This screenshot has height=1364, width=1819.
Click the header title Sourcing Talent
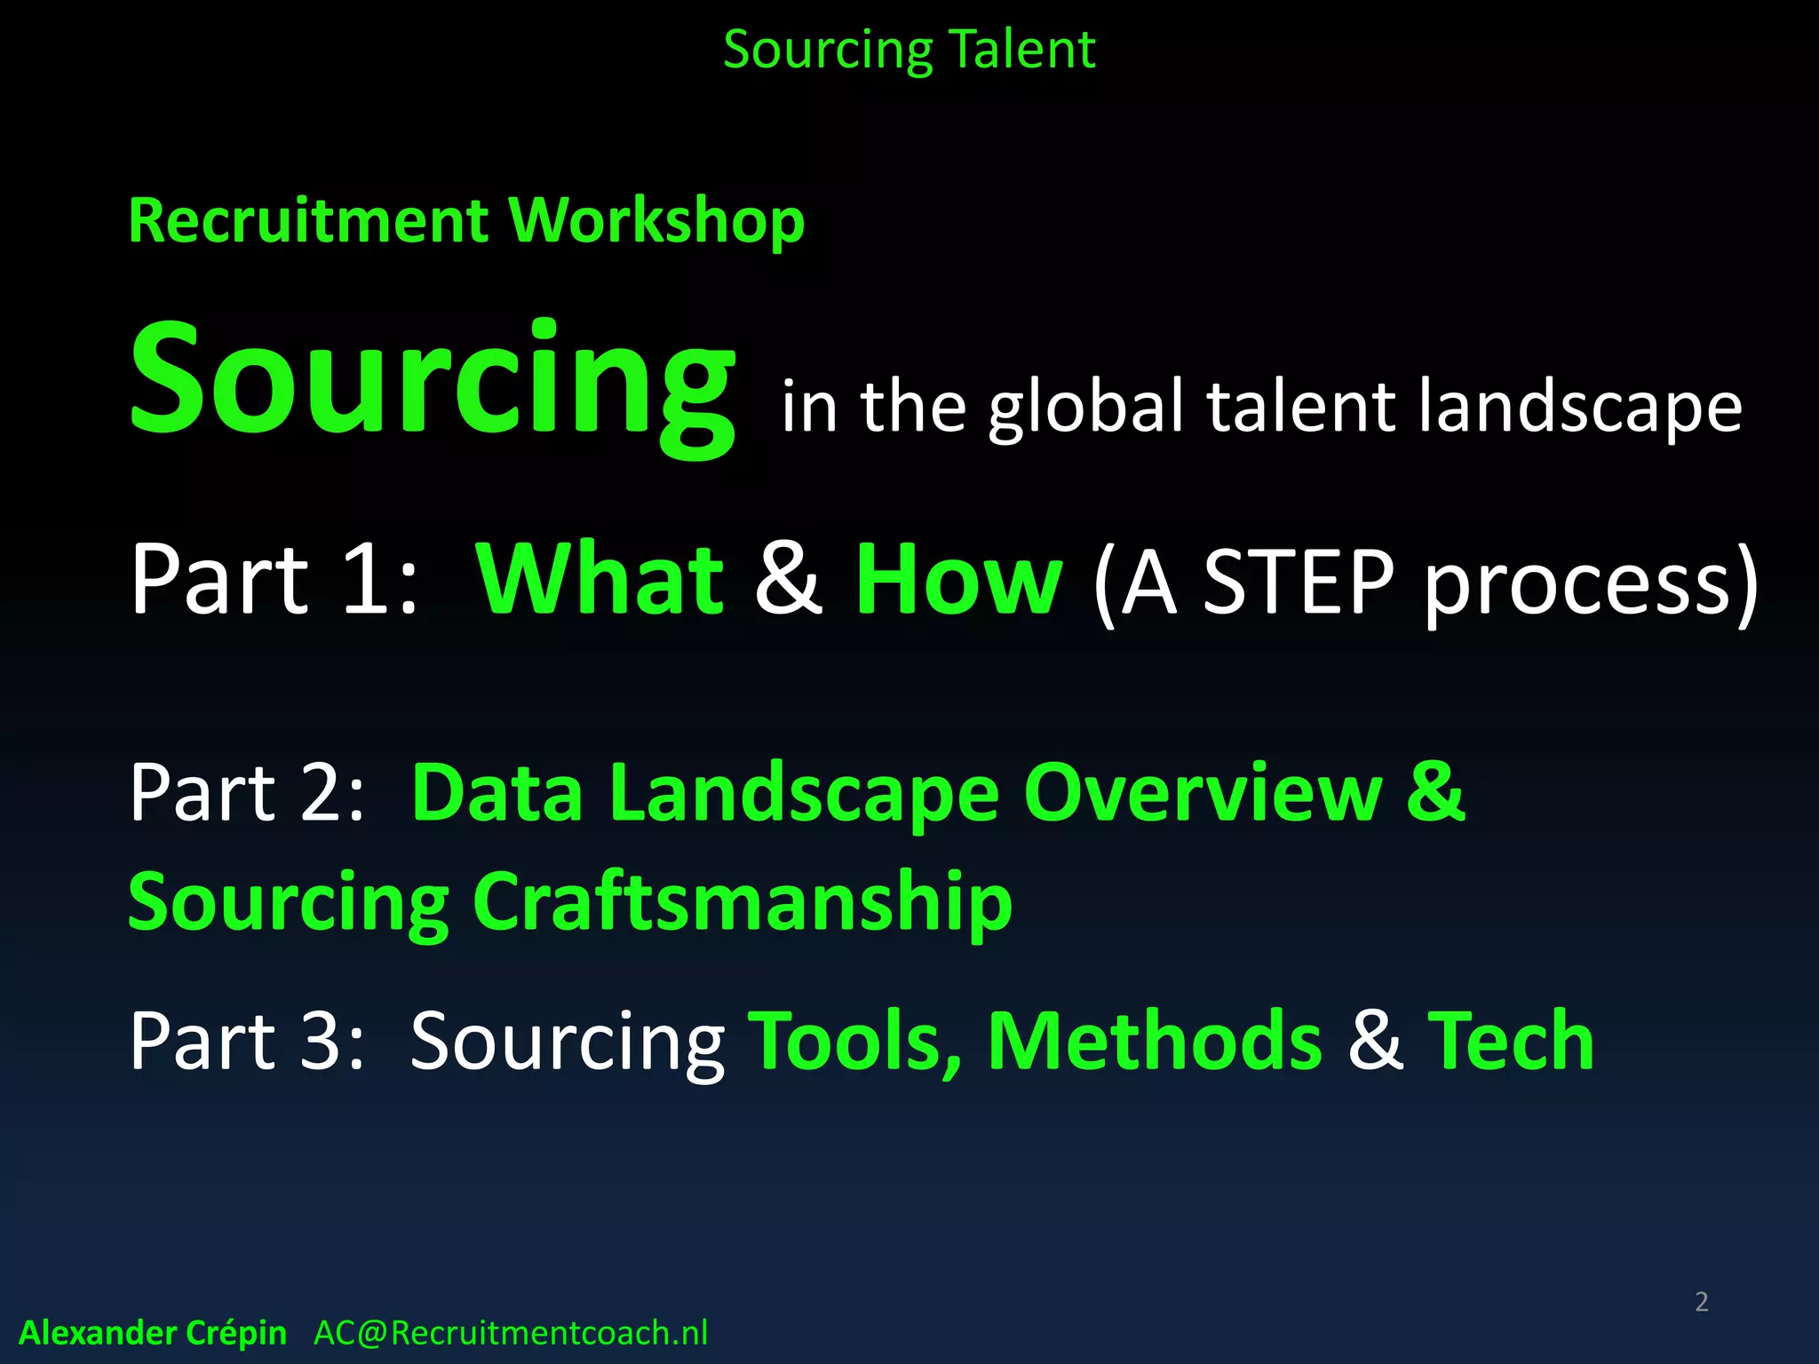(909, 50)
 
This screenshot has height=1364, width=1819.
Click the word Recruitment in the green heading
(308, 220)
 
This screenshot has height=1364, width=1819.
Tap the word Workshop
(656, 220)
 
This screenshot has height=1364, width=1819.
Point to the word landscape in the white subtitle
(1580, 407)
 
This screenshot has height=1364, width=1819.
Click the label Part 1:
(274, 580)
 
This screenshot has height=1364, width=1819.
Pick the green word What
(600, 580)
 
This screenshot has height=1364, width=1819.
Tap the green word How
(958, 580)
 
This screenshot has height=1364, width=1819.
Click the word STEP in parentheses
(1299, 582)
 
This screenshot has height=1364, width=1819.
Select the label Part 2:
(247, 792)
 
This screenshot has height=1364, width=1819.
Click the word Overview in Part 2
(1203, 792)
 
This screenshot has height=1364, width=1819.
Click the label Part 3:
(247, 1040)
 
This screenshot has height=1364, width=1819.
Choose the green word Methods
(1155, 1040)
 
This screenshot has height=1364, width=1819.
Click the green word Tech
(1511, 1040)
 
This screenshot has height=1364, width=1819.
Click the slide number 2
(1701, 1302)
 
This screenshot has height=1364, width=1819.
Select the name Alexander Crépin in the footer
(153, 1333)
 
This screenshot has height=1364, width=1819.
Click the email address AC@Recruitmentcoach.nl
(511, 1333)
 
